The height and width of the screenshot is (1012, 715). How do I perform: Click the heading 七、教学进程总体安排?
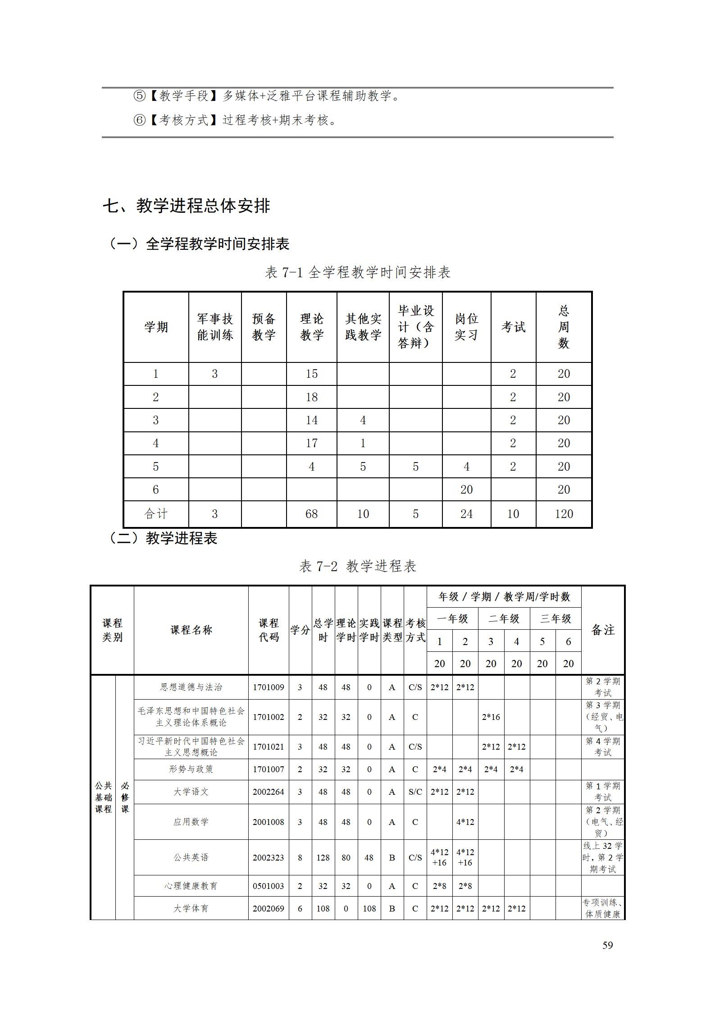tap(186, 206)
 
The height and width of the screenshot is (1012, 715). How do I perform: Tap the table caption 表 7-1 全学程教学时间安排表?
tap(357, 272)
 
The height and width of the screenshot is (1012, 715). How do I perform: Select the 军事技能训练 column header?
tap(215, 327)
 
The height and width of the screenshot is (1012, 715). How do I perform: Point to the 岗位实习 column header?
tap(466, 327)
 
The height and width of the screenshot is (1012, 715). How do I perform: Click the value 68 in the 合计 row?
tap(311, 514)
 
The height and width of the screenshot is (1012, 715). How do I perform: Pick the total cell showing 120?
tap(564, 514)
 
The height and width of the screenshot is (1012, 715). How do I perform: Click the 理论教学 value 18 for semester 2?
tap(311, 397)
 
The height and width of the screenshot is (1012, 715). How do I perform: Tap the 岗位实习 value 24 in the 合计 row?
tap(466, 514)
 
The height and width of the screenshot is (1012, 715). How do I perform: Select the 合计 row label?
tap(156, 514)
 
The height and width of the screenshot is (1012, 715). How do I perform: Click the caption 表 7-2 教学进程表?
tap(357, 566)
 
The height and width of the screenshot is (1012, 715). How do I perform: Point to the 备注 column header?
tap(603, 630)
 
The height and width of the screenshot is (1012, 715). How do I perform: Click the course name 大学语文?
tap(191, 792)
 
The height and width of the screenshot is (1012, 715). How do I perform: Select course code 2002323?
tap(269, 857)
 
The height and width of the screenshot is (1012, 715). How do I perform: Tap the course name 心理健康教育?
tap(191, 886)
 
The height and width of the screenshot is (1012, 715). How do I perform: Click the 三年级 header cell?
tap(556, 618)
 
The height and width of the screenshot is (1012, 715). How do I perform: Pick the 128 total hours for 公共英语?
tap(323, 857)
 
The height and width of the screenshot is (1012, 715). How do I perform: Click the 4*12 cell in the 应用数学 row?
tap(465, 822)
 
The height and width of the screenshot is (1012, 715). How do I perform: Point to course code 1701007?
tap(269, 769)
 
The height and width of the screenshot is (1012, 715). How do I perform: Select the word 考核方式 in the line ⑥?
tap(184, 120)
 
